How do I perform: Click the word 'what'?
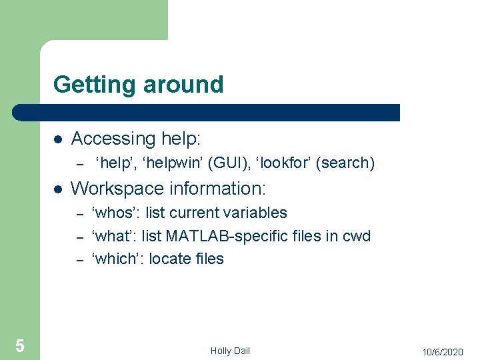click(x=115, y=236)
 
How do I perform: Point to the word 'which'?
click(x=118, y=259)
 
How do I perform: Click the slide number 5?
click(x=20, y=345)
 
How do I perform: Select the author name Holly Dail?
click(x=230, y=351)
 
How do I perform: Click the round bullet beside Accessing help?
click(x=58, y=140)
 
